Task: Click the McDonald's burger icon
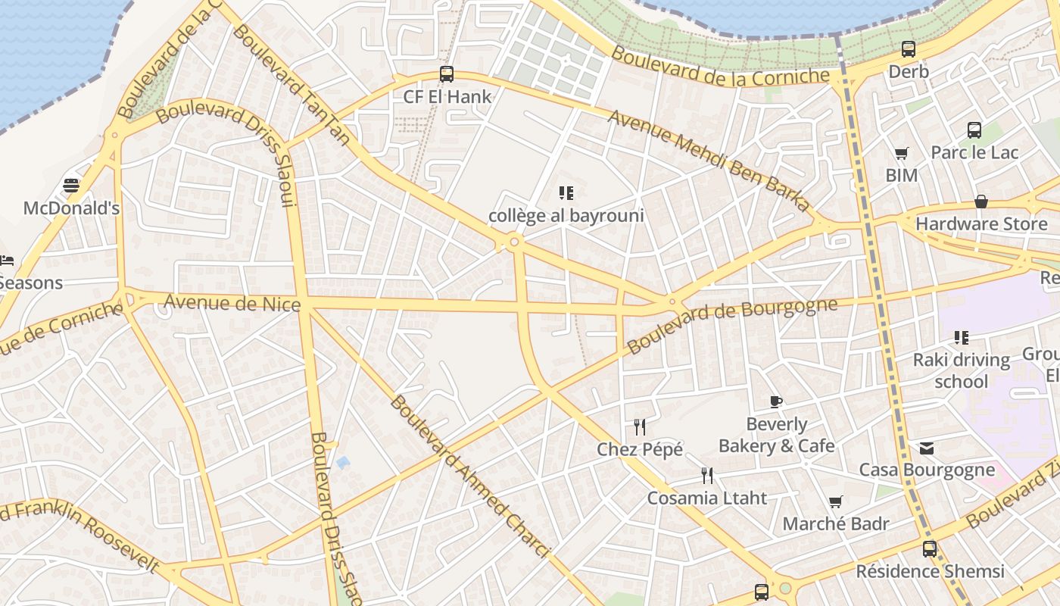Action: coord(71,186)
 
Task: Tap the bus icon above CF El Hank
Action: coord(447,74)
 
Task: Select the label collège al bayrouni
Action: coord(566,216)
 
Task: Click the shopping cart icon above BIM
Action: coord(901,154)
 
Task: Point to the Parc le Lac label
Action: coord(974,152)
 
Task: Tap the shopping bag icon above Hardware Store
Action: coord(981,201)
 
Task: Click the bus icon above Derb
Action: coord(909,50)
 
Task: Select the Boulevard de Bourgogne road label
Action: coord(732,326)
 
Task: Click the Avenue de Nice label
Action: coord(232,303)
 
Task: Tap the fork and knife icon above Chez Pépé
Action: coord(640,427)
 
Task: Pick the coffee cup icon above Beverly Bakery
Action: coord(775,401)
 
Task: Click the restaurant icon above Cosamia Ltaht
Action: coord(707,476)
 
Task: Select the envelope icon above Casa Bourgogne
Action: coord(927,448)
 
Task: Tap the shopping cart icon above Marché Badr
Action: coord(836,501)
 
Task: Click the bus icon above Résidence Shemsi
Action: coord(930,549)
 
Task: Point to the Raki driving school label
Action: coord(961,370)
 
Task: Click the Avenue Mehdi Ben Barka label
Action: coord(709,160)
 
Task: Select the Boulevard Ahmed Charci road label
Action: coord(469,476)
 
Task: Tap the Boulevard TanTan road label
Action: coord(291,83)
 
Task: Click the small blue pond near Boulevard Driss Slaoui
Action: coord(343,461)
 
